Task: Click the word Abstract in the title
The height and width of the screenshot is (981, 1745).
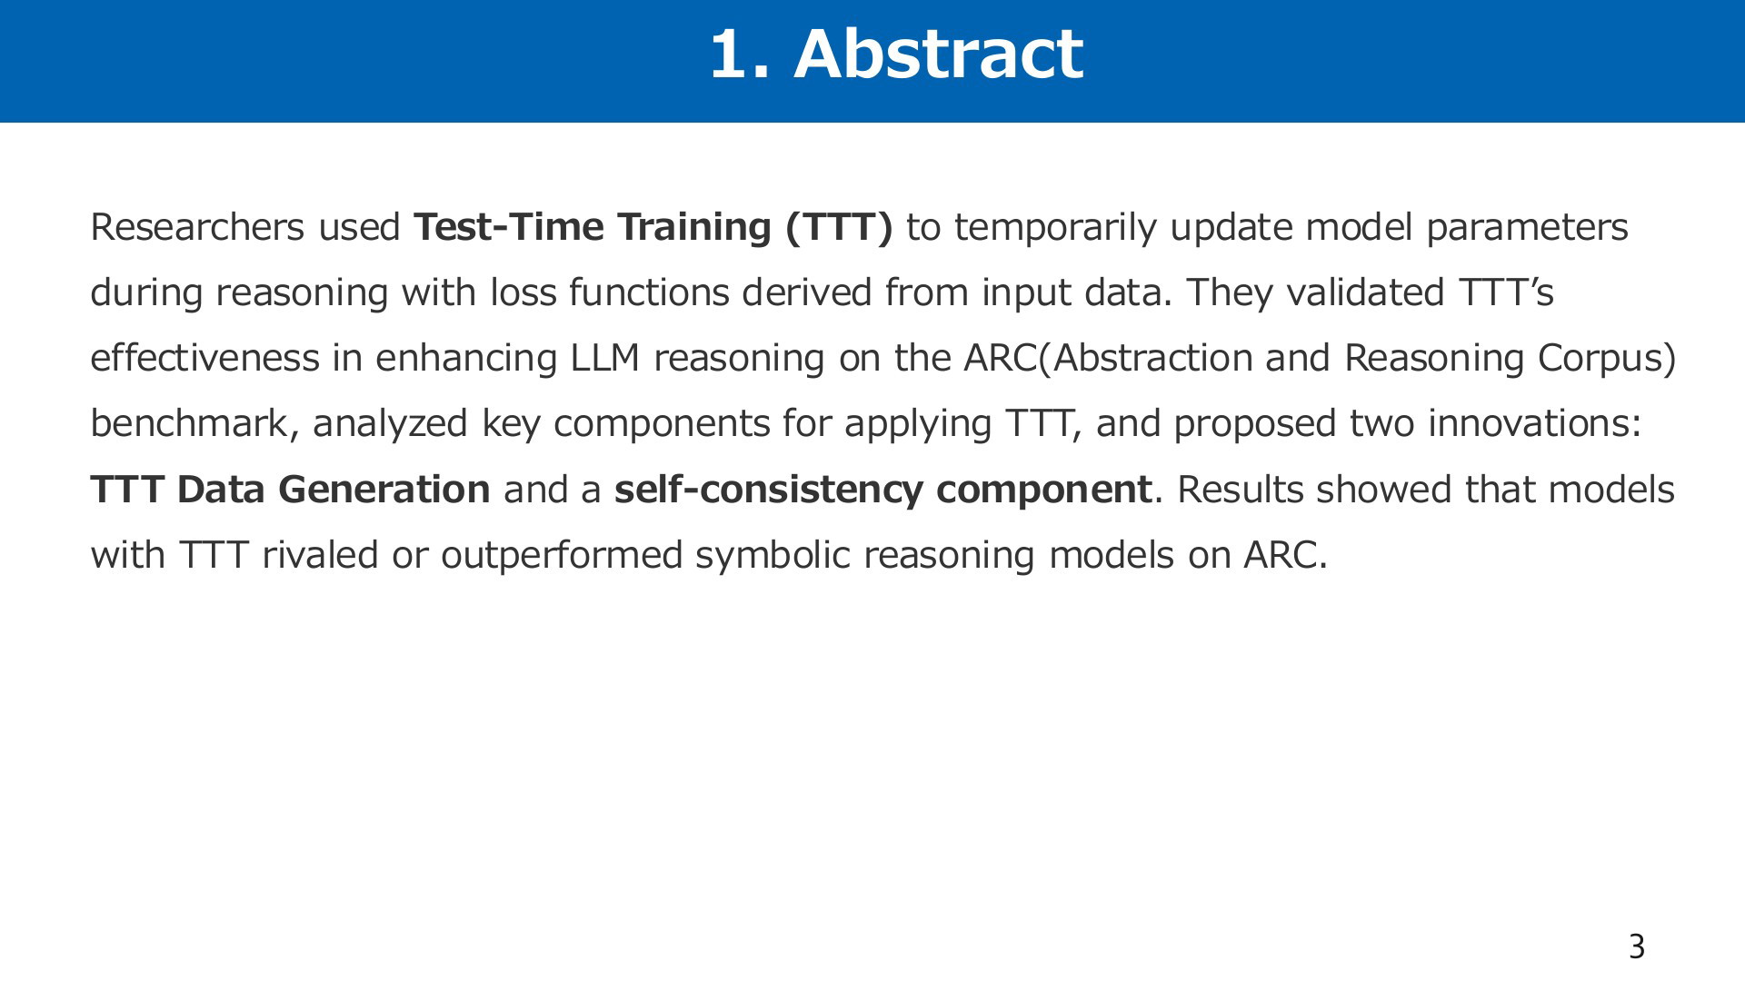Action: click(x=938, y=54)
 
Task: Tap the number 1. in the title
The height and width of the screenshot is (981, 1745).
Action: click(x=742, y=54)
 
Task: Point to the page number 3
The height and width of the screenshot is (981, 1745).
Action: click(x=1637, y=946)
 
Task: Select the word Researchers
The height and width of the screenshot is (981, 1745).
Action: click(x=197, y=227)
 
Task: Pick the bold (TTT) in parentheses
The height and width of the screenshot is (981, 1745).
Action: click(x=839, y=227)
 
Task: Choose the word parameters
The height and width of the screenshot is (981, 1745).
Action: click(x=1527, y=228)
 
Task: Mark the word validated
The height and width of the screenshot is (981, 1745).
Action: click(x=1366, y=292)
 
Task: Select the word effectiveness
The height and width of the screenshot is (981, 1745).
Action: click(x=205, y=358)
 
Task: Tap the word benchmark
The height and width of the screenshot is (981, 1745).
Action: click(x=188, y=424)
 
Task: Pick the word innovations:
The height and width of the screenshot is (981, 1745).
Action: click(x=1535, y=423)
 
